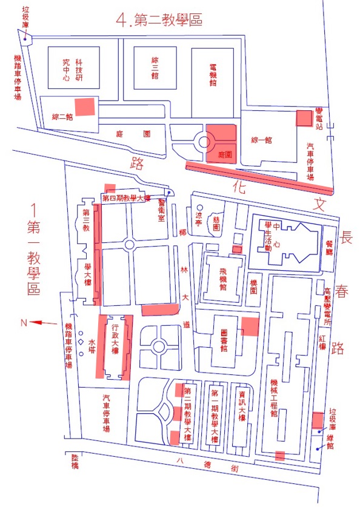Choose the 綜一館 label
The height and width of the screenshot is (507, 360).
(x=261, y=140)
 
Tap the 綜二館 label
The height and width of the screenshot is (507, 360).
(x=62, y=117)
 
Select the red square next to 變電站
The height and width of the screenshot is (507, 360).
(x=303, y=118)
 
